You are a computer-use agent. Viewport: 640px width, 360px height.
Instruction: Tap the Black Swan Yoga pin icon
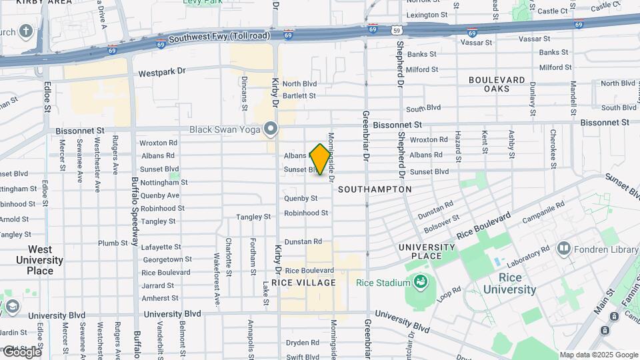[x=270, y=128]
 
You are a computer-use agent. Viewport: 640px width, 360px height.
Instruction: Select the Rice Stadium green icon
[x=421, y=283]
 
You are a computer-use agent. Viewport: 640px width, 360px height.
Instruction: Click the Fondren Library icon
[x=564, y=249]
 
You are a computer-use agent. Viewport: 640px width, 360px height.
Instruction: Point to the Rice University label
[x=509, y=283]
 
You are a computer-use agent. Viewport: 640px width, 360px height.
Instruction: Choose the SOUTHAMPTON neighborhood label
[x=375, y=189]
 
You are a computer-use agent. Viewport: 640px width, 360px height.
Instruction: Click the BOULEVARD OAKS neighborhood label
[x=497, y=84]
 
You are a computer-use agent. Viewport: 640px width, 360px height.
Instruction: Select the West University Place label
[x=40, y=260]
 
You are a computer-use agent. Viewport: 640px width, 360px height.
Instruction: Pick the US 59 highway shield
[x=397, y=30]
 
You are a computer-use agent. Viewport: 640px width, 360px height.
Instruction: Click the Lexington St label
[x=427, y=15]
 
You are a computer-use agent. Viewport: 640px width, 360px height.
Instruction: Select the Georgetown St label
[x=167, y=259]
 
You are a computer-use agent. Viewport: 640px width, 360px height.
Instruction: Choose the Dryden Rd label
[x=302, y=343]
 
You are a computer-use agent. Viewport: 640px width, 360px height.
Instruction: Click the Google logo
[x=21, y=351]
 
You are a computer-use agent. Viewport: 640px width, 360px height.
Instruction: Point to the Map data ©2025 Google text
[x=599, y=355]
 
